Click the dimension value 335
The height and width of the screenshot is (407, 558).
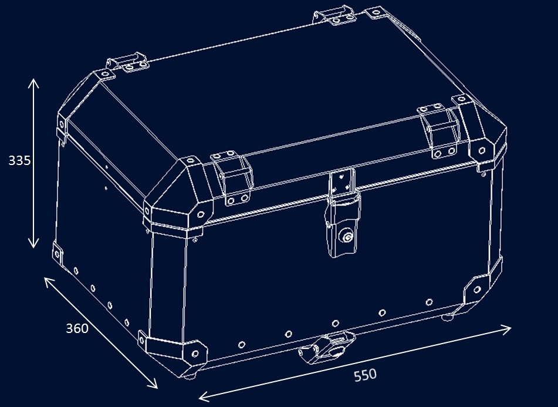click(19, 160)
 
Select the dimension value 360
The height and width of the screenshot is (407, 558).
click(77, 328)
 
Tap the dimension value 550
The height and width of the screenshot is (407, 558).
click(365, 375)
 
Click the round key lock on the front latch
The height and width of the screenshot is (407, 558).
click(346, 236)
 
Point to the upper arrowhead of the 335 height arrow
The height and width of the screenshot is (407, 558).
click(33, 83)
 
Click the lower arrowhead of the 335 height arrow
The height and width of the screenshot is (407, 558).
click(33, 243)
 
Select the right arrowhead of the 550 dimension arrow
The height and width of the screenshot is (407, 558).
click(506, 329)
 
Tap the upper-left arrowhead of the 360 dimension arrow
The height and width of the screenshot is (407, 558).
click(49, 282)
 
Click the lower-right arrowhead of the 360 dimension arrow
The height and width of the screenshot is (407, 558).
click(153, 384)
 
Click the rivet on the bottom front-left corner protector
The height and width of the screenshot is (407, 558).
click(195, 354)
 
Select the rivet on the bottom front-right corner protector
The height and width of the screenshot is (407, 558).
click(477, 290)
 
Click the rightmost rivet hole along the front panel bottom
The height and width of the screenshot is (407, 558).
click(429, 302)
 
